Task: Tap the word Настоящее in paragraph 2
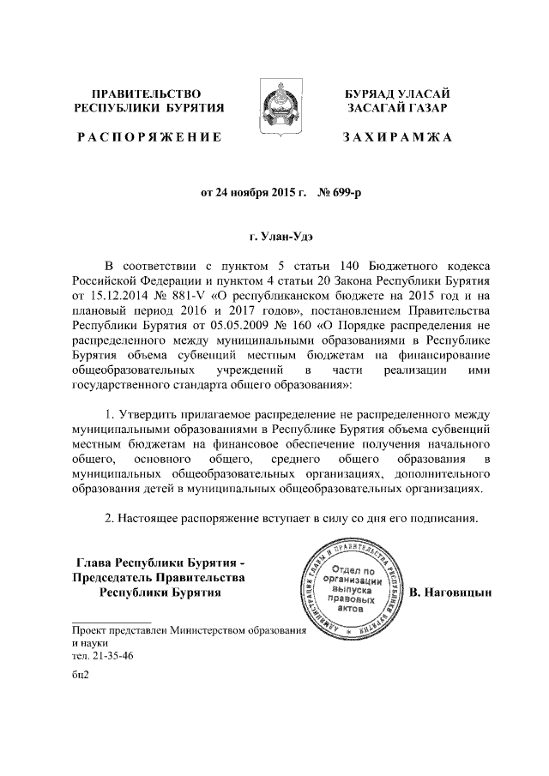(154, 519)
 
